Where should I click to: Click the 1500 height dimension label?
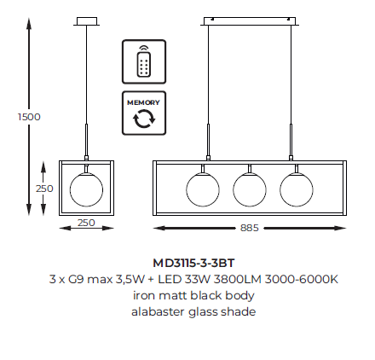(x=29, y=117)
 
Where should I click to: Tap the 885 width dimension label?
(x=250, y=228)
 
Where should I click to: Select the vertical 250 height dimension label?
(x=44, y=189)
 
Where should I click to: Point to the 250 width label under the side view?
(x=86, y=223)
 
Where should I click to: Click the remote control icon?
(x=144, y=61)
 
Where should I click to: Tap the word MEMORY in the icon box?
(x=143, y=102)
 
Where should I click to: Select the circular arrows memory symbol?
(x=144, y=119)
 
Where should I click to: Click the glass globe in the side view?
(x=86, y=189)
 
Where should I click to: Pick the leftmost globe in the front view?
(x=203, y=189)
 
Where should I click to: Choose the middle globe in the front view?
(x=250, y=189)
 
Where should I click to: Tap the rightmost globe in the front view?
(x=297, y=189)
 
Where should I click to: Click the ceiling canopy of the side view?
(x=87, y=21)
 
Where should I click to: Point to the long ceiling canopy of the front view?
(x=250, y=21)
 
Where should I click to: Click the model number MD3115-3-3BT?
(x=193, y=263)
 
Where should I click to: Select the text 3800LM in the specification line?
(x=237, y=279)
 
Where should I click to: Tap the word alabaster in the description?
(x=158, y=311)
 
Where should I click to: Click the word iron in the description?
(x=144, y=295)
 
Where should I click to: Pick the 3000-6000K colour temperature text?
(x=302, y=279)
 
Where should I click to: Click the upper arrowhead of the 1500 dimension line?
(x=29, y=23)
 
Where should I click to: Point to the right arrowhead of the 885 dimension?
(x=340, y=228)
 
